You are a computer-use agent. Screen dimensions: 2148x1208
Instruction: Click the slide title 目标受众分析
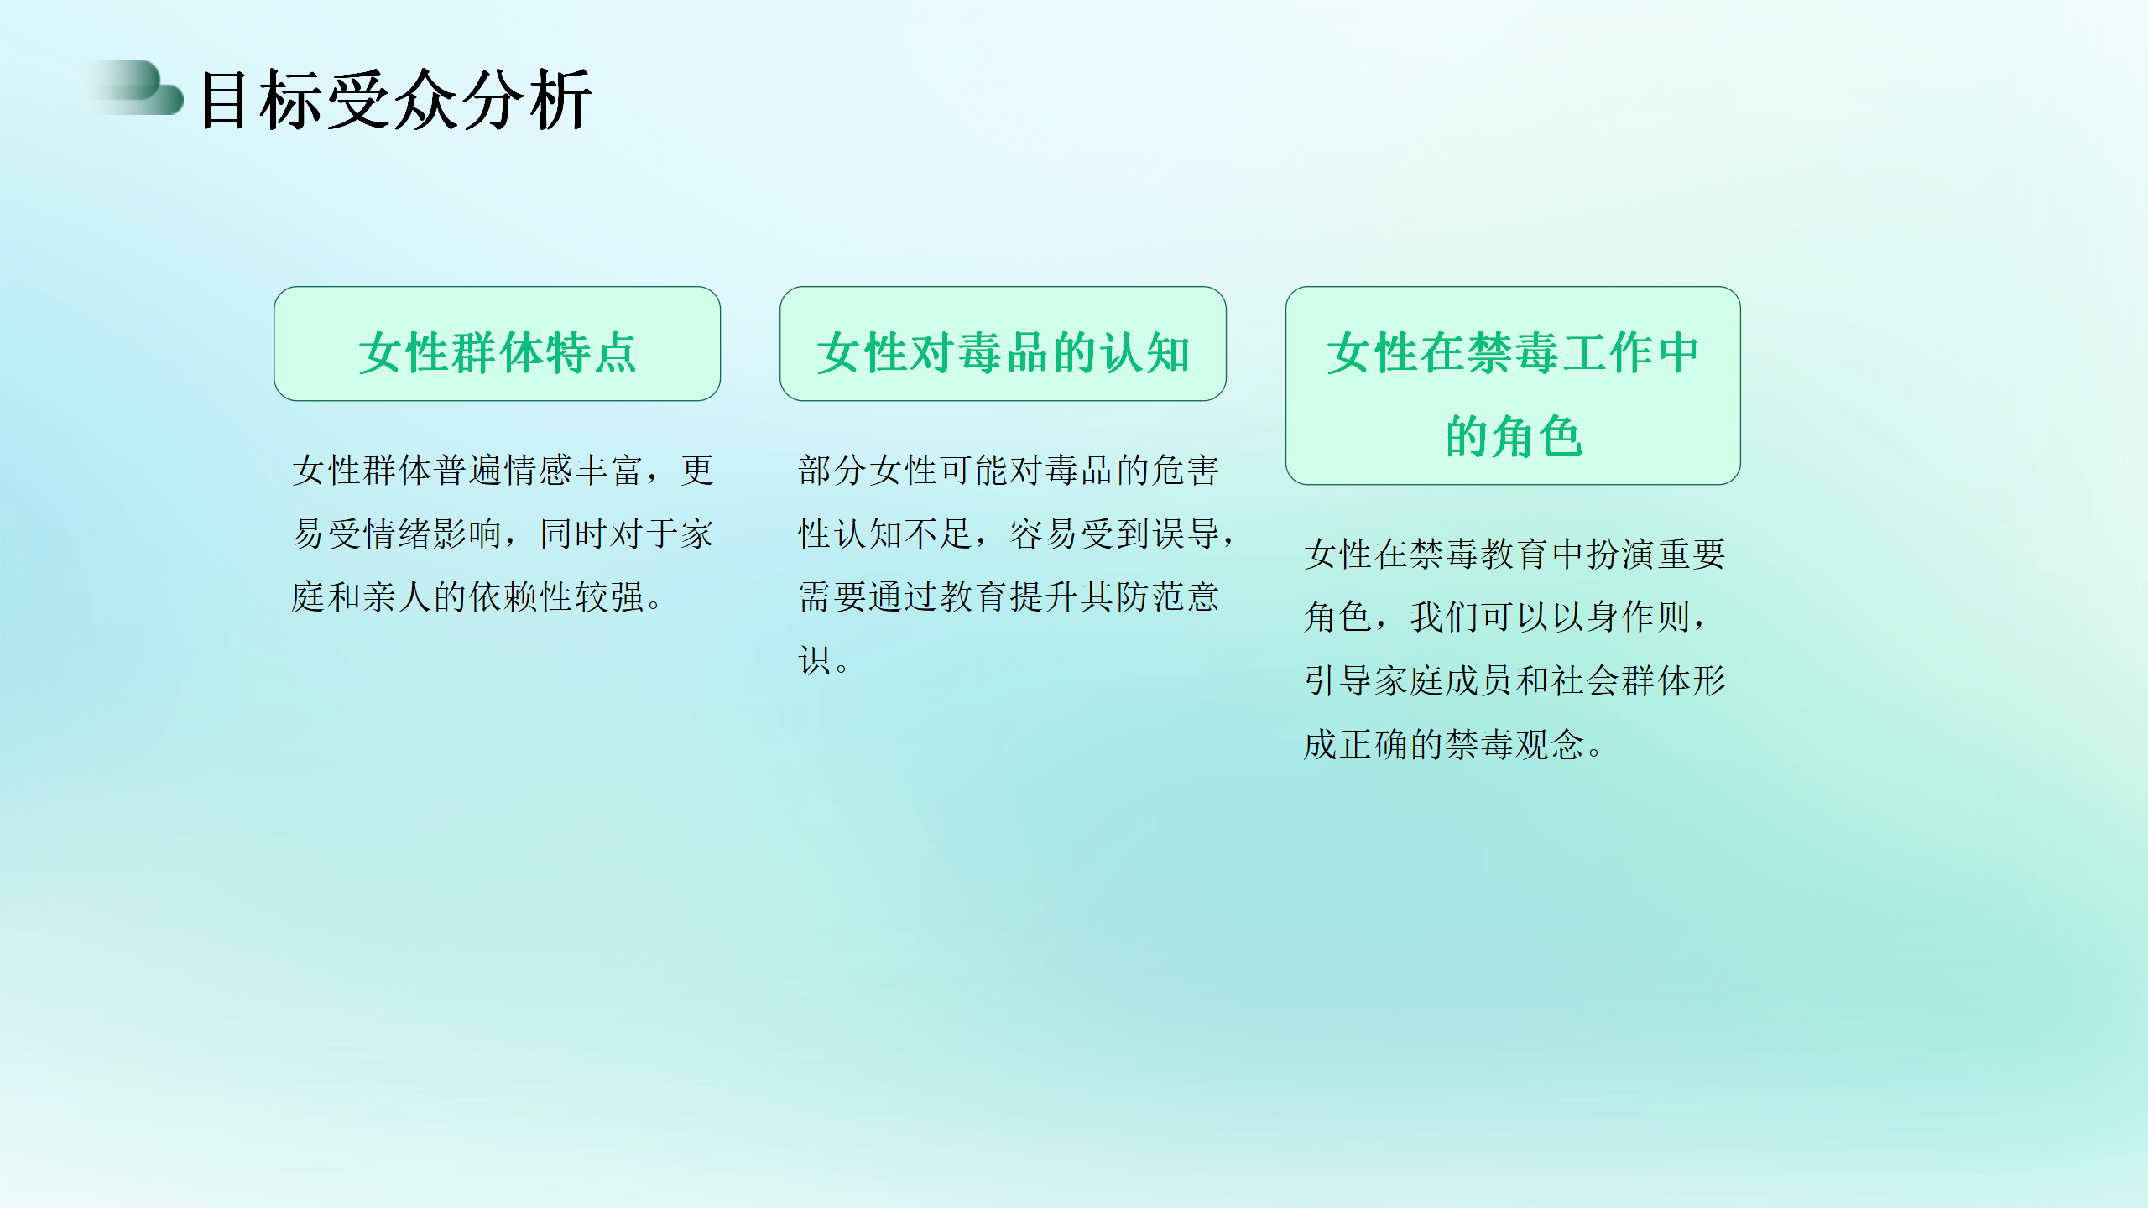point(396,100)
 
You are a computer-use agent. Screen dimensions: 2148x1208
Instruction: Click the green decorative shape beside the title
point(138,87)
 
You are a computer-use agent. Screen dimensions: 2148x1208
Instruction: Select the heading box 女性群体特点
point(498,344)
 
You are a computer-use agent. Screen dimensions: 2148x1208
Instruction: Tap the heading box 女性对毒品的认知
point(1004,344)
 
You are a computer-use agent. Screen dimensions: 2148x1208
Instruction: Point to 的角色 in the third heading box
point(1514,436)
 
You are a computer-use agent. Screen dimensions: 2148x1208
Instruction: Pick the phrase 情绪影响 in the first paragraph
point(433,534)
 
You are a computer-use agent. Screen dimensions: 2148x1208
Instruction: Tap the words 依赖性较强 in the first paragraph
point(556,597)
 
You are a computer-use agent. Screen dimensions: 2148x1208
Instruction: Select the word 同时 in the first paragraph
point(574,534)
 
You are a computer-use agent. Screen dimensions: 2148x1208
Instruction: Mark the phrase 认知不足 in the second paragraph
point(904,534)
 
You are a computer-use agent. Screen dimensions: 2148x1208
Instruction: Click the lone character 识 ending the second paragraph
point(815,661)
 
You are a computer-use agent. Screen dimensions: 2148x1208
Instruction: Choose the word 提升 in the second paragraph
point(1045,597)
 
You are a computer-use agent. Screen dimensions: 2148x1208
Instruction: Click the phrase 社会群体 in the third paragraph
point(1621,680)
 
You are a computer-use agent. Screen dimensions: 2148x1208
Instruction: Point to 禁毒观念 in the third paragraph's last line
point(1515,744)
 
